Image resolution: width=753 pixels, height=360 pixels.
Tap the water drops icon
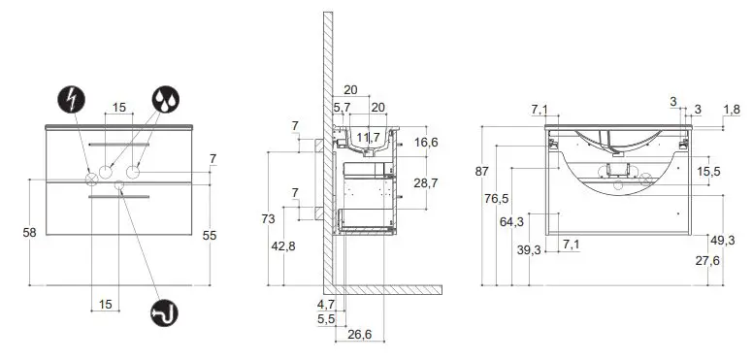point(165,99)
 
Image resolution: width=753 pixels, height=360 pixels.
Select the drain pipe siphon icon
point(165,312)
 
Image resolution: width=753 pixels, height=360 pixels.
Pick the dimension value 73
point(269,219)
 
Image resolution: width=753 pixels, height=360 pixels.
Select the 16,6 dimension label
point(424,142)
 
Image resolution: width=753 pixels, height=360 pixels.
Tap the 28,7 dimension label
point(424,183)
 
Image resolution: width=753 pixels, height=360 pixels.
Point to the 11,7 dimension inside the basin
point(368,139)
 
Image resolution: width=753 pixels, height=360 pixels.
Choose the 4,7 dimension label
point(325,304)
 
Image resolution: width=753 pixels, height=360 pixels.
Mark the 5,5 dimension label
point(325,318)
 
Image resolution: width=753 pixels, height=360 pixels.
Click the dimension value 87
point(481,171)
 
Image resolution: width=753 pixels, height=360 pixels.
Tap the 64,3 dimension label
point(512,222)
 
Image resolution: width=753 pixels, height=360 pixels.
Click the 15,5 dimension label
point(708,172)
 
